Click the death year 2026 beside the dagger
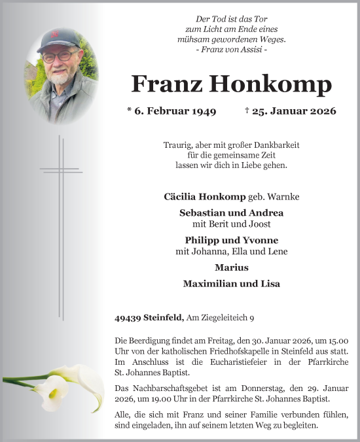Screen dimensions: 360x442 point(323,111)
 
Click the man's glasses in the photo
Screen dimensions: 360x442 point(59,56)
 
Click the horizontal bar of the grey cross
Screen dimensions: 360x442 point(61,170)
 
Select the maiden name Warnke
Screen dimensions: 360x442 point(289,196)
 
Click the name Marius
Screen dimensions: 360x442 point(231,267)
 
